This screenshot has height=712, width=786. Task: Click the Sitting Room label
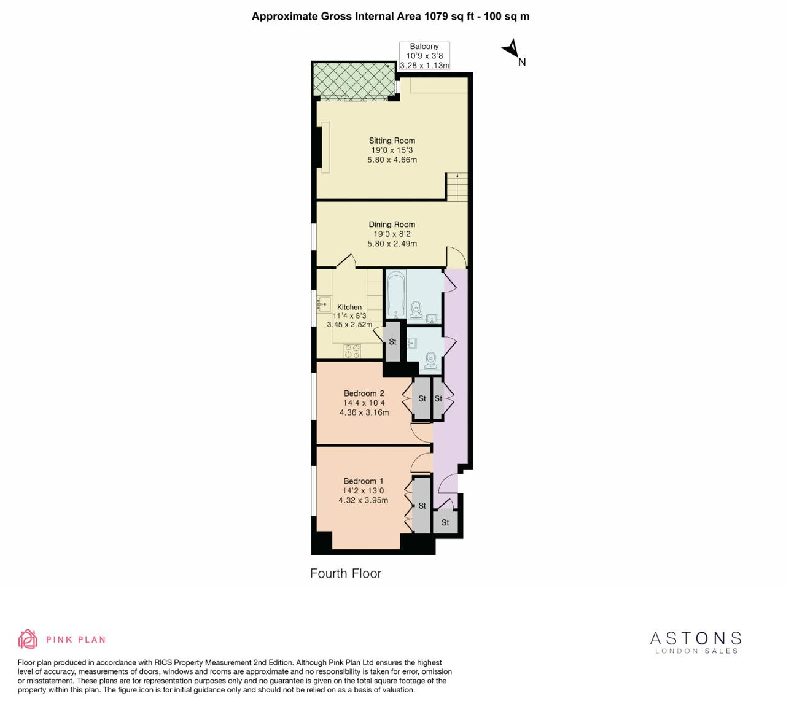392,141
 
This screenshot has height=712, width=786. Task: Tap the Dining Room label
392,225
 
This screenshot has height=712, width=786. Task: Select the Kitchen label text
349,307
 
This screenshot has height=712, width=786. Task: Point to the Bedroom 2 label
364,393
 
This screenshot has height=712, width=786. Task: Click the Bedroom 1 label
364,481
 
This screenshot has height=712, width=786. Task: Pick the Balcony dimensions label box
424,56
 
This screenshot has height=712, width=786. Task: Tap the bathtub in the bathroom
395,295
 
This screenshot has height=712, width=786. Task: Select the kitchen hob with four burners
352,351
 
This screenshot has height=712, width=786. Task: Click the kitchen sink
324,304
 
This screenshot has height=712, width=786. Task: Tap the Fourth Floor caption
346,573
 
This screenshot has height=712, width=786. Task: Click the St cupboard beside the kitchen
392,341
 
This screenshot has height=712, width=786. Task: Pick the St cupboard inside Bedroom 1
422,505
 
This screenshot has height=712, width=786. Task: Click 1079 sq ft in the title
450,17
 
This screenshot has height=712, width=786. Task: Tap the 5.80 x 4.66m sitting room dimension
392,160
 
